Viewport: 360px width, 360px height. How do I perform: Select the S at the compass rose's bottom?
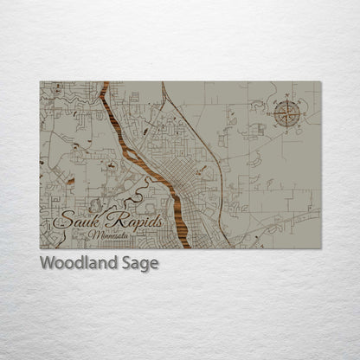287,128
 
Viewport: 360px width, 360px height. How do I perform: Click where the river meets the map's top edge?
106,83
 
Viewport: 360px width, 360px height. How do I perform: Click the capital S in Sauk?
61,221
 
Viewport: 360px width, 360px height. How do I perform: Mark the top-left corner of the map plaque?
40,82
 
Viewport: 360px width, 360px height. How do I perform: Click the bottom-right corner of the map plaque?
320,247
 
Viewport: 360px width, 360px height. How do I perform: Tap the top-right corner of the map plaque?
320,82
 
